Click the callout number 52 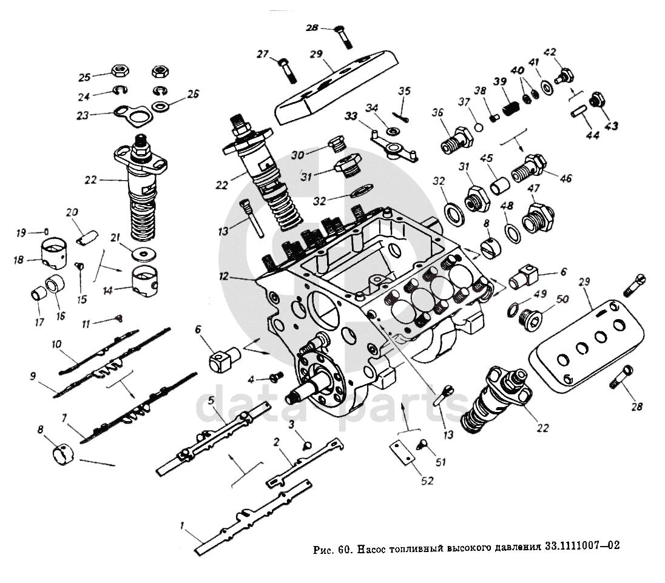point(427,480)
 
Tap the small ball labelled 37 point(479,127)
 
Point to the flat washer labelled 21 point(143,254)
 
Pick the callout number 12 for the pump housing point(223,277)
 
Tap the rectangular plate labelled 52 point(402,453)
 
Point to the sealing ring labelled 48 point(513,232)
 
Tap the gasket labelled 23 point(133,115)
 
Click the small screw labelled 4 point(277,377)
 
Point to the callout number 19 point(21,233)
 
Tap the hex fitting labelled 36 point(456,140)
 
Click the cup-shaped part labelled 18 point(53,254)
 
